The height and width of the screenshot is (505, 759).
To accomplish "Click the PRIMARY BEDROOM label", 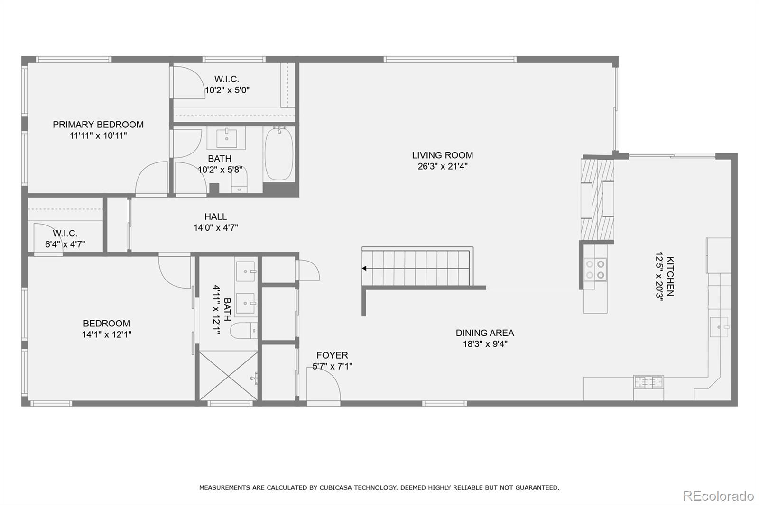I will pyautogui.click(x=98, y=125).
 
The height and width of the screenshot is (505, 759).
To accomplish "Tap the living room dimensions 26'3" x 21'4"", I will pyautogui.click(x=442, y=166).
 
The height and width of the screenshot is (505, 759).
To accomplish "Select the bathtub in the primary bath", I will pyautogui.click(x=279, y=153).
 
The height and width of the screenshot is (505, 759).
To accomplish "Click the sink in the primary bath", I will pyautogui.click(x=226, y=138).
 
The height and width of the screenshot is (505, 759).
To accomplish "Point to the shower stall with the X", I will pyautogui.click(x=229, y=376).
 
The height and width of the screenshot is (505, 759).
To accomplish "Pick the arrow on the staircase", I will pyautogui.click(x=365, y=269).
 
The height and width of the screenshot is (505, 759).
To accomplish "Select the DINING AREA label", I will pyautogui.click(x=484, y=333).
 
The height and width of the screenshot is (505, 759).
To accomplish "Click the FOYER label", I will pyautogui.click(x=332, y=355).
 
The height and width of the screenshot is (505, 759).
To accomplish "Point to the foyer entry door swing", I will pyautogui.click(x=324, y=386).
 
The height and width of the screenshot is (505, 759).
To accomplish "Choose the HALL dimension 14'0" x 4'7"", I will pyautogui.click(x=215, y=228).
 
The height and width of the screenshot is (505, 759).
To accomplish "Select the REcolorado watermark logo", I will pyautogui.click(x=718, y=496).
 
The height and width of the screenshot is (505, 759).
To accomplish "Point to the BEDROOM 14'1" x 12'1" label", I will pyautogui.click(x=106, y=324).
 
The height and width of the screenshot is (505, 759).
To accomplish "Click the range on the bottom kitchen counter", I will pyautogui.click(x=648, y=381).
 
